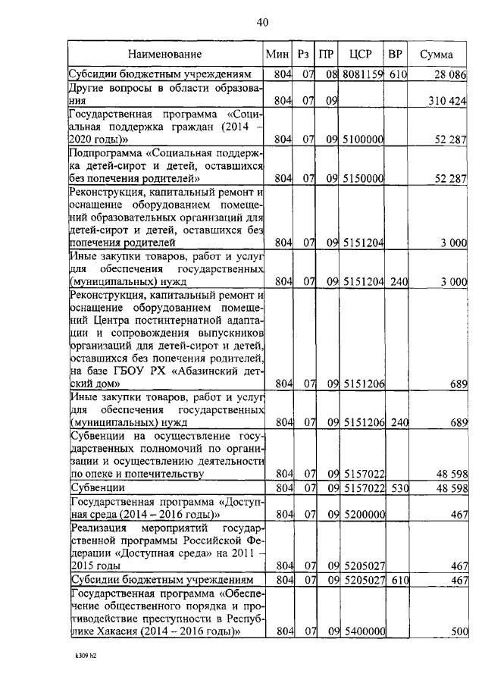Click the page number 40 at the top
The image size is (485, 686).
click(263, 22)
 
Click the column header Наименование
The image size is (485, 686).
click(164, 55)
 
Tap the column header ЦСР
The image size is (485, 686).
click(358, 55)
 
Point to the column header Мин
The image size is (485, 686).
click(276, 55)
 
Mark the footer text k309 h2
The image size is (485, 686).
click(80, 656)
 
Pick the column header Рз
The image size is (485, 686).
click(304, 55)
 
